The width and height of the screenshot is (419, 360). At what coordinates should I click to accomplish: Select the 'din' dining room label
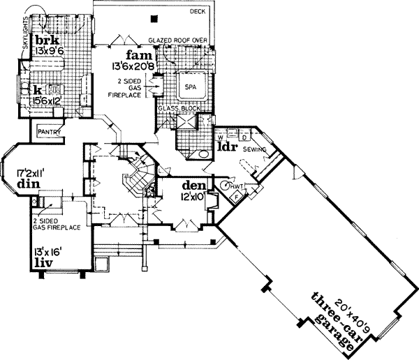click(28, 183)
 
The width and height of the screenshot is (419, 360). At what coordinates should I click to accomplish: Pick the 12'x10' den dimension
click(191, 197)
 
